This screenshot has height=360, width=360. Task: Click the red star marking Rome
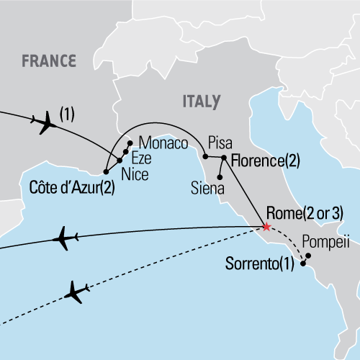pyautogui.click(x=266, y=227)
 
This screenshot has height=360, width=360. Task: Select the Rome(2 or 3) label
pyautogui.click(x=304, y=212)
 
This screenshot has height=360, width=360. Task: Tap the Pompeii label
pyautogui.click(x=326, y=243)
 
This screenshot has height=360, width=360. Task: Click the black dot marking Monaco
pyautogui.click(x=130, y=143)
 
